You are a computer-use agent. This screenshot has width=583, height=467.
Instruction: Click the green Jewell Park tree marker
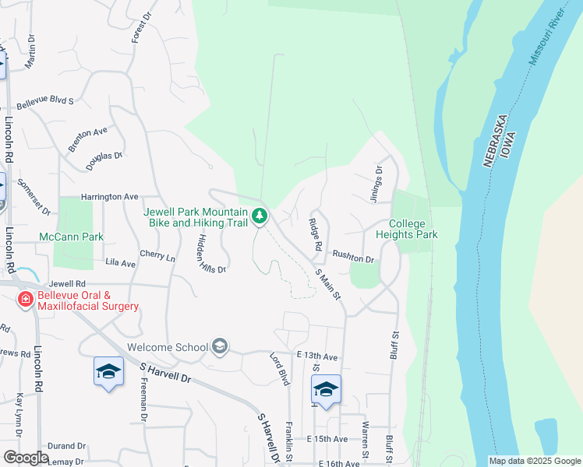click(260, 215)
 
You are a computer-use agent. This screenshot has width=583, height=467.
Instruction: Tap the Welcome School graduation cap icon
click(220, 346)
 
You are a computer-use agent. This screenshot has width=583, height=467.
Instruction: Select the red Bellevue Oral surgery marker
click(26, 299)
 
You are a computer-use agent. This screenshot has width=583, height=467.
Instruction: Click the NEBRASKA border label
click(490, 141)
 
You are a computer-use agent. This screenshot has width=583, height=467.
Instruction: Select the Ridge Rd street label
click(315, 233)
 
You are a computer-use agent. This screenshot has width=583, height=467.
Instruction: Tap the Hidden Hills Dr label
click(210, 253)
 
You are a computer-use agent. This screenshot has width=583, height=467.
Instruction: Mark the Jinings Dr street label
click(378, 181)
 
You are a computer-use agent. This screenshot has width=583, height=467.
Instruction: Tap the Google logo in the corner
click(26, 457)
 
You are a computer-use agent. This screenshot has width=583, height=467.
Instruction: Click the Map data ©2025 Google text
click(534, 461)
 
